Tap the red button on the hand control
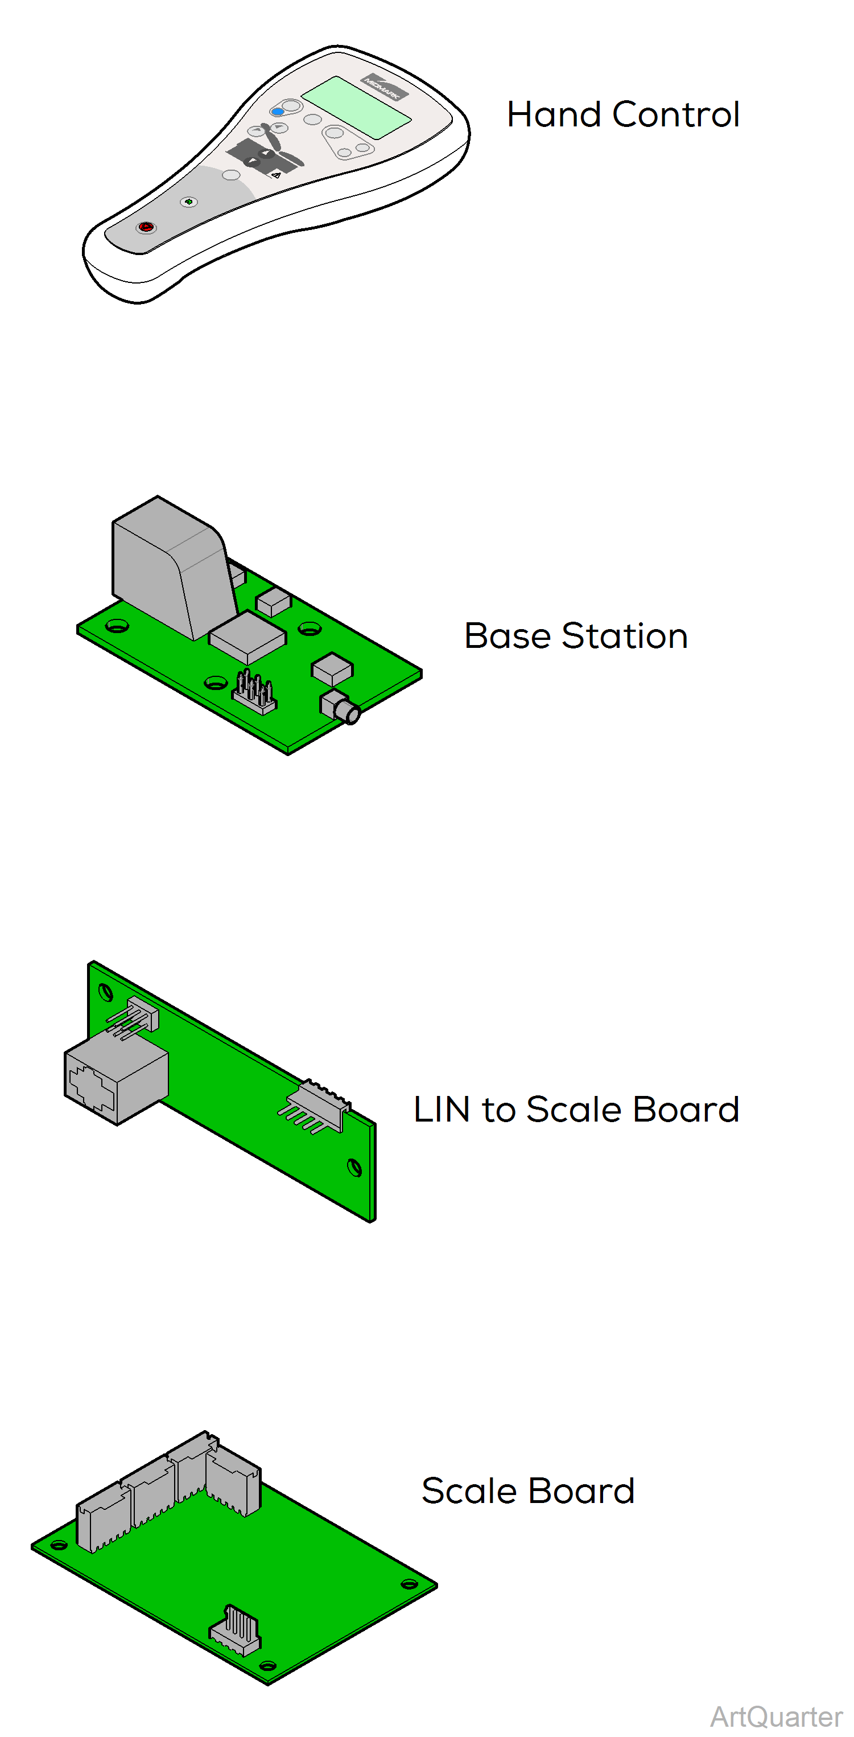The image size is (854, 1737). pyautogui.click(x=146, y=227)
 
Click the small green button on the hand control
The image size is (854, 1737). pyautogui.click(x=189, y=202)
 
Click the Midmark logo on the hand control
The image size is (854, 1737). pyautogui.click(x=384, y=87)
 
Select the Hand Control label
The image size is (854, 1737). pyautogui.click(x=623, y=114)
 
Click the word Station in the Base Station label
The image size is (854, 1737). pyautogui.click(x=624, y=636)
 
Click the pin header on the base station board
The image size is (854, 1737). pyautogui.click(x=255, y=692)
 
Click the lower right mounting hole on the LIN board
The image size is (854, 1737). pyautogui.click(x=354, y=1167)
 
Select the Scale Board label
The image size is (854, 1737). pyautogui.click(x=528, y=1490)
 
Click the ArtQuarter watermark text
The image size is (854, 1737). pyautogui.click(x=776, y=1717)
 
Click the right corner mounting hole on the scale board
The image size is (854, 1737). pyautogui.click(x=409, y=1584)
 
